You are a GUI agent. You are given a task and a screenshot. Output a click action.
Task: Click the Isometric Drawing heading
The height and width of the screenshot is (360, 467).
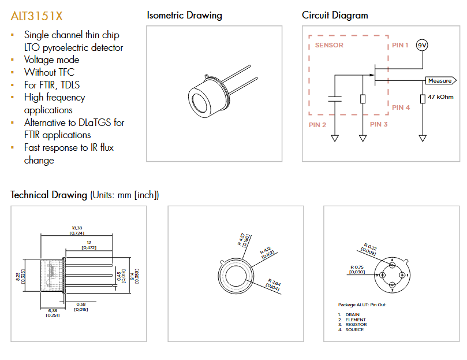pos(184,16)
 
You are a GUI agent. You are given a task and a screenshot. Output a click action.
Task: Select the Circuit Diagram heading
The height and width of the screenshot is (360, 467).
pos(335,16)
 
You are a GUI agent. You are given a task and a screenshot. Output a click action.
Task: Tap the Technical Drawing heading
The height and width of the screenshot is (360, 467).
pos(50,195)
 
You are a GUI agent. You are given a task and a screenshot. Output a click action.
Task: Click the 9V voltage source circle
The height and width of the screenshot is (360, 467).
pos(422,46)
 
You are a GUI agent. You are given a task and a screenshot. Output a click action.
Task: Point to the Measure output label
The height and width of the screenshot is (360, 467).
pos(440,81)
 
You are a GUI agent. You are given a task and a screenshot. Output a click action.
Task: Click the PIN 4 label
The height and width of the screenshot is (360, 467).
pos(401,107)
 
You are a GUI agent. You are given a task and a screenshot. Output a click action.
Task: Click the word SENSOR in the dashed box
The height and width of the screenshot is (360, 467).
pos(330,45)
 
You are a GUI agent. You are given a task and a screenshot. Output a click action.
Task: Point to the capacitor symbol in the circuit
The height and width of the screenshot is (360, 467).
pos(334,99)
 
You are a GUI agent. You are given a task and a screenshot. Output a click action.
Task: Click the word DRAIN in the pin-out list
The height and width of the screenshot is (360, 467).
pos(352,315)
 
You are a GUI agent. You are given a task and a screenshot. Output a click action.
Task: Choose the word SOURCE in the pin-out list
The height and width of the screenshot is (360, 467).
pos(354,329)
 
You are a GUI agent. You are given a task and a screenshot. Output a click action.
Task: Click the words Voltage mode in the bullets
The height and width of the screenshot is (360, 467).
pos(51,60)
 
